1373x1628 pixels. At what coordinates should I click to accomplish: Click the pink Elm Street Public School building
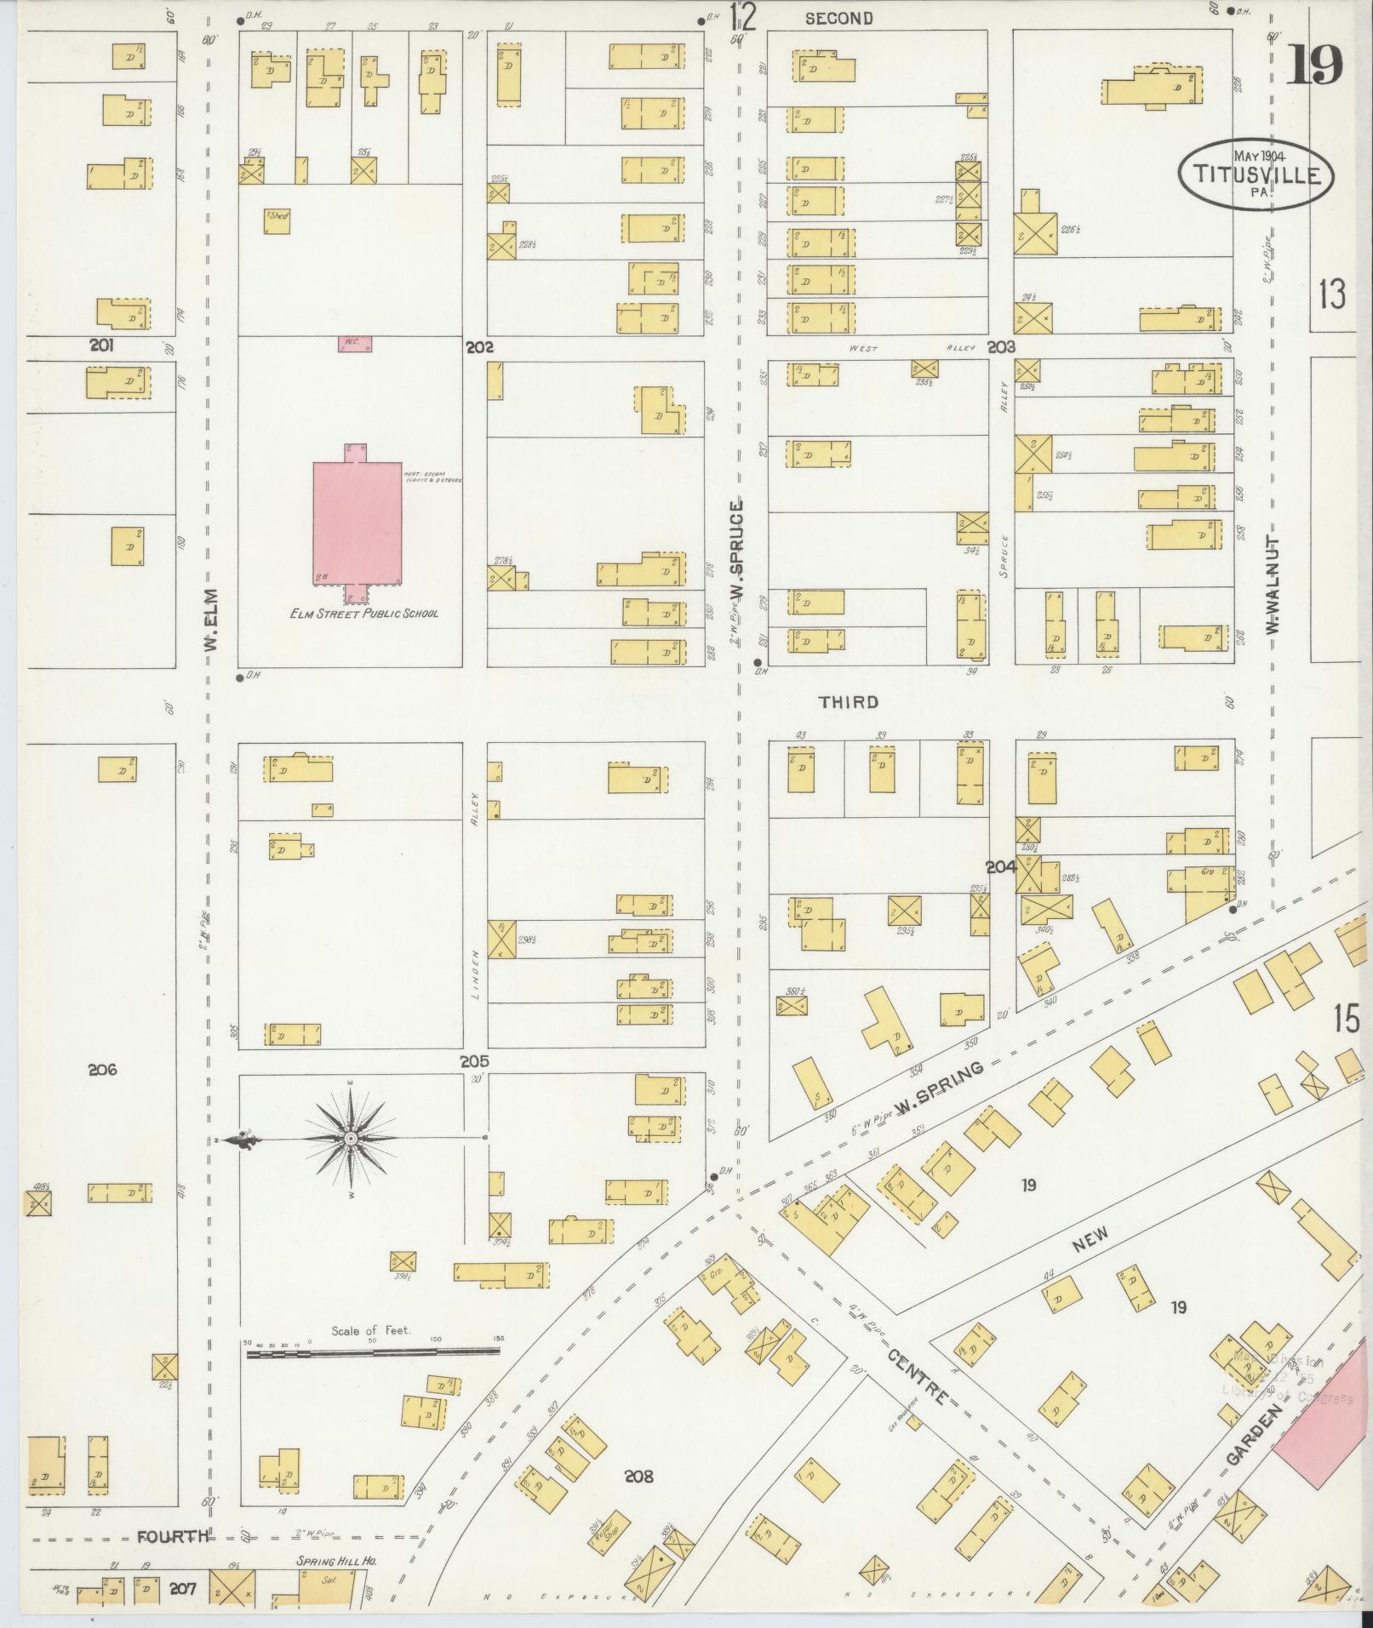pos(357,523)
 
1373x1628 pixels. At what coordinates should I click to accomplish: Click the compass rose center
pos(350,1139)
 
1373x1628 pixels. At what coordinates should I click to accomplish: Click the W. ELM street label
pos(211,623)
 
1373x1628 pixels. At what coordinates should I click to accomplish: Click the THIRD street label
pos(848,702)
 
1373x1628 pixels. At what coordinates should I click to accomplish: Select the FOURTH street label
pos(174,1536)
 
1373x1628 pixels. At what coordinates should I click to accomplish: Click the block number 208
pos(638,1477)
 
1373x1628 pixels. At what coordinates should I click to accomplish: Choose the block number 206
pos(102,1070)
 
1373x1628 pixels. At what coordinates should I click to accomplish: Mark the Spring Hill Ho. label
pos(335,1561)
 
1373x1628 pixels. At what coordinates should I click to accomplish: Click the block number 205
pos(474,1061)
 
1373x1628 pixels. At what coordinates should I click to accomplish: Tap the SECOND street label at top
pos(838,18)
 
